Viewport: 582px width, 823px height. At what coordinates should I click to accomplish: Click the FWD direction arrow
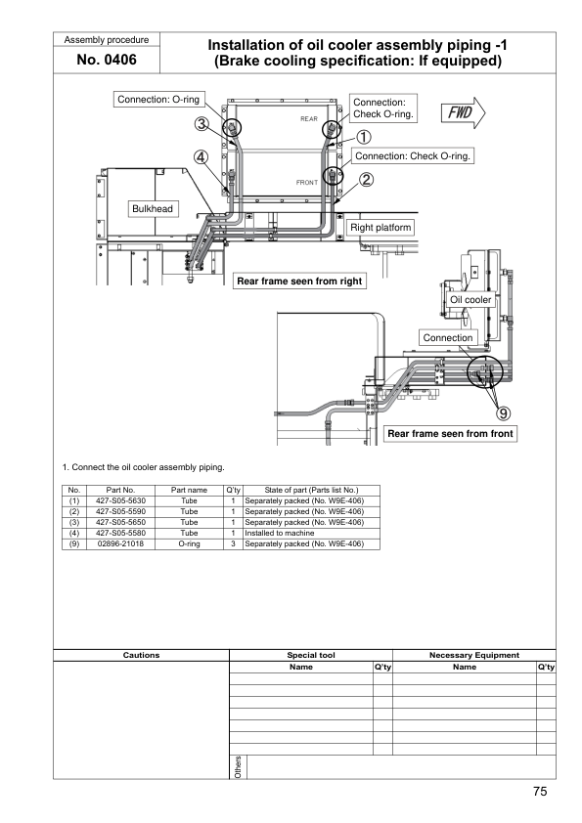click(463, 112)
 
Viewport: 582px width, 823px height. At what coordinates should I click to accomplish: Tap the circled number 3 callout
click(201, 124)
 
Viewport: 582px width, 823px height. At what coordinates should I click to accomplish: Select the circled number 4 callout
click(201, 157)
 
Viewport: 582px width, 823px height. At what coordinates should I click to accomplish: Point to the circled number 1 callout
click(364, 137)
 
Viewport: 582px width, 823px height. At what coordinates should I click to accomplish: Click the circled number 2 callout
click(366, 180)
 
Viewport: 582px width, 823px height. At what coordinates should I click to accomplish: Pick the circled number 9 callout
click(503, 413)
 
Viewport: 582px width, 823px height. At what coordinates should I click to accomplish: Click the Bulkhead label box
click(153, 208)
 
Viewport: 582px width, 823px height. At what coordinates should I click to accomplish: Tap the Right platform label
click(381, 228)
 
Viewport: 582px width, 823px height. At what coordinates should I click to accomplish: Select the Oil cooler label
click(470, 300)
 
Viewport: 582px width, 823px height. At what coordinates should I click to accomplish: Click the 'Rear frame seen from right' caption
click(299, 281)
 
